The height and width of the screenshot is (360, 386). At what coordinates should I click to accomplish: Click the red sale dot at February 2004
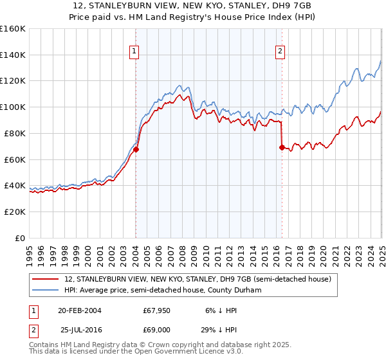[x=136, y=149]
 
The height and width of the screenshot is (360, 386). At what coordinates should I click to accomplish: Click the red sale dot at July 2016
[x=282, y=148]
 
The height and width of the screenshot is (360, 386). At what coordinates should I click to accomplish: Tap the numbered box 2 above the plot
[x=281, y=53]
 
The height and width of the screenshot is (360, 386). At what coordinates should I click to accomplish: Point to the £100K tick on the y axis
[x=13, y=107]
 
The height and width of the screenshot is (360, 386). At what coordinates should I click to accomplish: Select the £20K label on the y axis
[x=15, y=212]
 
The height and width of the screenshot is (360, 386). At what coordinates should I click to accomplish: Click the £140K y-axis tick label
[x=13, y=55]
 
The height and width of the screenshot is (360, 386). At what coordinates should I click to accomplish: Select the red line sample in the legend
[x=46, y=279]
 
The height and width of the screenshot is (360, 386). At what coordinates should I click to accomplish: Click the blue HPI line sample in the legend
[x=46, y=290]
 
